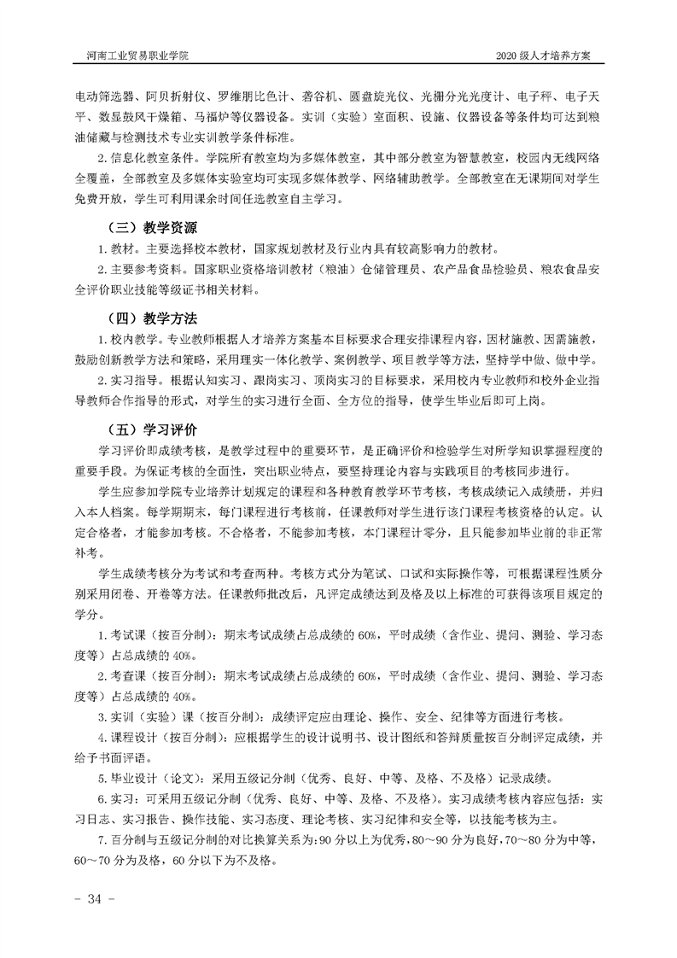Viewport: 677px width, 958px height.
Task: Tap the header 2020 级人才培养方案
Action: [x=548, y=54]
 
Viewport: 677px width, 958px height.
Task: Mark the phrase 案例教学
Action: [x=377, y=359]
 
